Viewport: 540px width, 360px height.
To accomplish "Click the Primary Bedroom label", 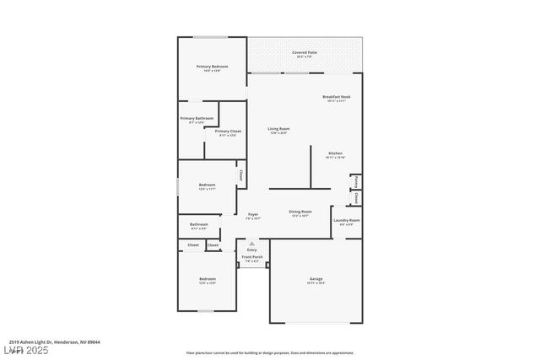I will pyautogui.click(x=213, y=67).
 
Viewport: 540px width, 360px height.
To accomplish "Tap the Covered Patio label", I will pyautogui.click(x=304, y=52).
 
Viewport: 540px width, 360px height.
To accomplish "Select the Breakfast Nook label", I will pyautogui.click(x=336, y=97).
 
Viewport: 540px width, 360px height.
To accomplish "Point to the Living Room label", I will pyautogui.click(x=278, y=128).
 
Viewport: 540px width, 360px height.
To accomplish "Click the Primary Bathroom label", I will pyautogui.click(x=197, y=118).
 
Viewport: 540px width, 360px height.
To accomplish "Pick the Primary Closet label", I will pyautogui.click(x=228, y=132).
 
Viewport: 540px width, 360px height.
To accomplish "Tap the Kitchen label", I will pyautogui.click(x=335, y=153).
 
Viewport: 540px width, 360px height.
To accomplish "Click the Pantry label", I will pyautogui.click(x=357, y=180).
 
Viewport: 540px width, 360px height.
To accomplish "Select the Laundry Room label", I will pyautogui.click(x=347, y=220).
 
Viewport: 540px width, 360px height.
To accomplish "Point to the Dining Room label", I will pyautogui.click(x=300, y=212).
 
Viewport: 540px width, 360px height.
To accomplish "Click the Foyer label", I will pyautogui.click(x=253, y=214).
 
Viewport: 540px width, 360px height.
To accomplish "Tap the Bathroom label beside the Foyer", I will pyautogui.click(x=199, y=224).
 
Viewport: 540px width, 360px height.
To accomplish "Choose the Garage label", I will pyautogui.click(x=316, y=278).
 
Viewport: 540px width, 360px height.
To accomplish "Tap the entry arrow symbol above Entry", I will pyautogui.click(x=251, y=243).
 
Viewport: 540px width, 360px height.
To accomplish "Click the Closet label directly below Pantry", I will pyautogui.click(x=357, y=199).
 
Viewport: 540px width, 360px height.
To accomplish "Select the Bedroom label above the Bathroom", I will pyautogui.click(x=207, y=185).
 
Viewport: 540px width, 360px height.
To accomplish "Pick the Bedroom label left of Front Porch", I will pyautogui.click(x=207, y=278).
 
